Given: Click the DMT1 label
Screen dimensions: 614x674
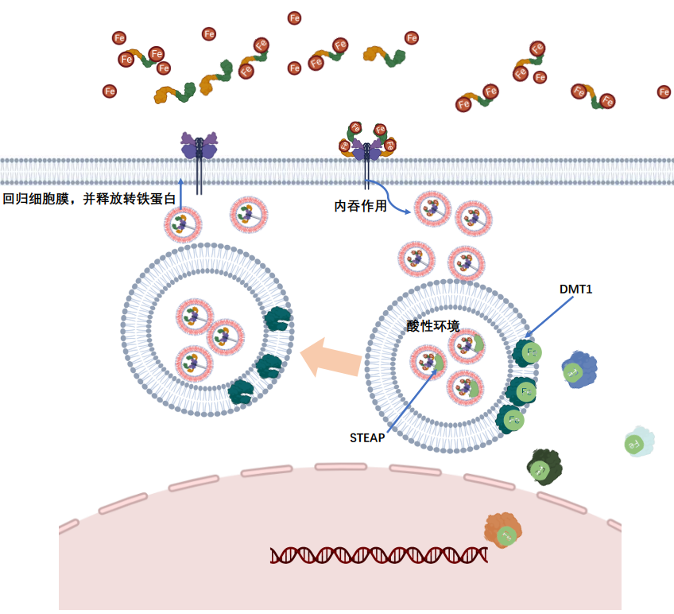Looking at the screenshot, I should (x=575, y=290).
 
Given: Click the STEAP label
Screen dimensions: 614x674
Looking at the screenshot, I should (x=367, y=437).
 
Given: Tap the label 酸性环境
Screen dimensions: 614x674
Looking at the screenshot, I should (x=432, y=326).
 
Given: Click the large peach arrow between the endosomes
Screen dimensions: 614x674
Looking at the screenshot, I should (x=331, y=356).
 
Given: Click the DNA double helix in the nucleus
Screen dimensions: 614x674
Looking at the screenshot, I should (x=378, y=555).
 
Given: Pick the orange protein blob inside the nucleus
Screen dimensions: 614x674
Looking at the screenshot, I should (x=503, y=530).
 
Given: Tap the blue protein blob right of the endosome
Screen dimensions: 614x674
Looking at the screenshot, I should (x=579, y=370).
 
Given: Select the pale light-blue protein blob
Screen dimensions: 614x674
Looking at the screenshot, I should (x=637, y=442).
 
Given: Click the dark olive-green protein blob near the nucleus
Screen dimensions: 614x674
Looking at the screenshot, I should (x=544, y=467).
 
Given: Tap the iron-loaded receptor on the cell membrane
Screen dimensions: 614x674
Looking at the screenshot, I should (x=367, y=143).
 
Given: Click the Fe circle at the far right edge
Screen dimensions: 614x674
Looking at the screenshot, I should (x=664, y=92).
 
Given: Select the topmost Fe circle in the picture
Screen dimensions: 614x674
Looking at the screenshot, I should (x=295, y=17).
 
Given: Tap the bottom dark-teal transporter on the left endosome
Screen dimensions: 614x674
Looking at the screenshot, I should (x=241, y=391).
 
